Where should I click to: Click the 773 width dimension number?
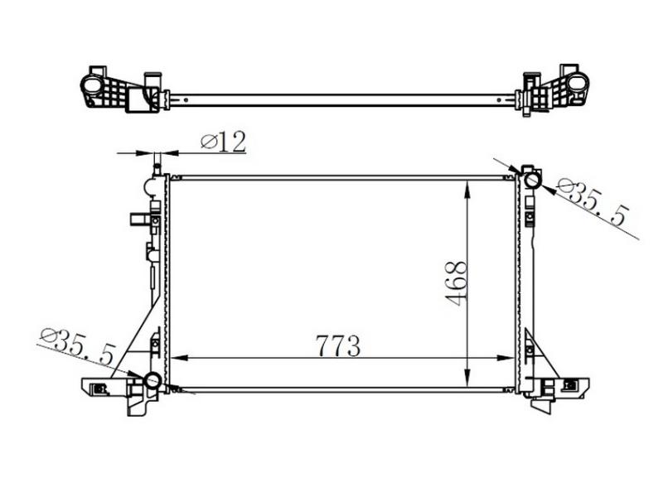coord(338,345)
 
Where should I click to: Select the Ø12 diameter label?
coord(223,142)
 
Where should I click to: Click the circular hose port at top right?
coord(532,181)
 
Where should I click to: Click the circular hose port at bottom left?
coord(152,380)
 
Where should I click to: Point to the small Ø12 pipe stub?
coord(157,165)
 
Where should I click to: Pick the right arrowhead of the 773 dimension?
coord(506,358)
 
